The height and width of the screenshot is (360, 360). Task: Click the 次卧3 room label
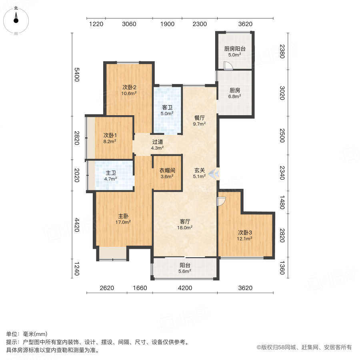245,232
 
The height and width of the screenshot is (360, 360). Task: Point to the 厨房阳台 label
234,49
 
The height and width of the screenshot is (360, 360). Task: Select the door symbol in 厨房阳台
228,66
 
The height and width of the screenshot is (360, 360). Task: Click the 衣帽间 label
167,170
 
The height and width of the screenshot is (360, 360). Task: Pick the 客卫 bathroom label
167,107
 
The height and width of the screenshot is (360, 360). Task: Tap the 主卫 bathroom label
111,173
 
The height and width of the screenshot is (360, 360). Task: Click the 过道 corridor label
157,142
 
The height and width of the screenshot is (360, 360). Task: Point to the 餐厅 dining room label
200,118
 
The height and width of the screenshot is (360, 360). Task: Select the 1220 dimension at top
96,24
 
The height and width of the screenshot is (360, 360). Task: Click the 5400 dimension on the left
77,74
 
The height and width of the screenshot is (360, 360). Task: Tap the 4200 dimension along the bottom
185,288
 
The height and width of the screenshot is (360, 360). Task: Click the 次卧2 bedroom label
130,87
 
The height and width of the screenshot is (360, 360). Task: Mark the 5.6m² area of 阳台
184,271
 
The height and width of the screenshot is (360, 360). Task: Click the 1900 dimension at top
167,24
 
